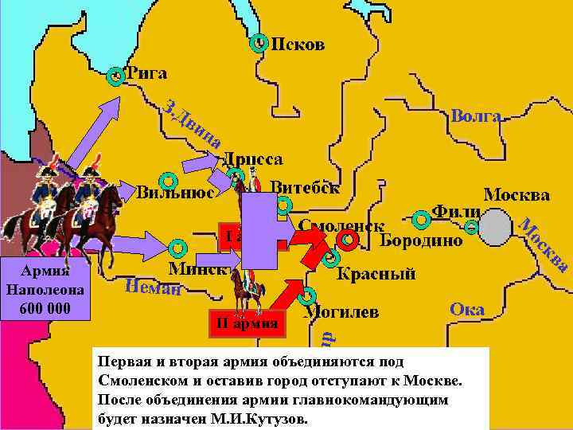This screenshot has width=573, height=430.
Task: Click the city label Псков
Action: (x=298, y=44)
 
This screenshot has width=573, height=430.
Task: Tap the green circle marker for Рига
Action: (x=117, y=76)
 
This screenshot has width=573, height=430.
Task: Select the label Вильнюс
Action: (x=174, y=193)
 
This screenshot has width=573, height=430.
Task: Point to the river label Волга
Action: (x=475, y=116)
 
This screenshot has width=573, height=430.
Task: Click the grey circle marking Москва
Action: (x=495, y=229)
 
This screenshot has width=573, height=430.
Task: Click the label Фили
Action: (x=455, y=212)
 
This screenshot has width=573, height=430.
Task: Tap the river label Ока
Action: (x=466, y=309)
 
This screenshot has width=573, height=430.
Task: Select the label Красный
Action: (x=376, y=274)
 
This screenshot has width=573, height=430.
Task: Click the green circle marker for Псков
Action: (x=258, y=45)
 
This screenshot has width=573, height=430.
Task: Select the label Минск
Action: (x=199, y=268)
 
